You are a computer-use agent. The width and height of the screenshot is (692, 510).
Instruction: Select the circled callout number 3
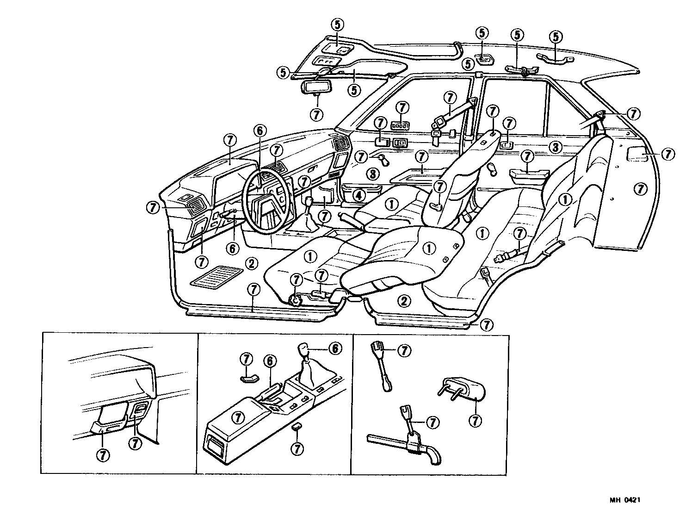(556, 148)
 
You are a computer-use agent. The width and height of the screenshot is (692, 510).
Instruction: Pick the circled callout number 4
(358, 195)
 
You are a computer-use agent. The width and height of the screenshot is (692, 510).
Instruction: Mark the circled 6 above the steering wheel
(259, 131)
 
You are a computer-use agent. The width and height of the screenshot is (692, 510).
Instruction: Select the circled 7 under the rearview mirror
(316, 114)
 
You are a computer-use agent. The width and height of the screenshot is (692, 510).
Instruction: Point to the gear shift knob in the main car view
(307, 201)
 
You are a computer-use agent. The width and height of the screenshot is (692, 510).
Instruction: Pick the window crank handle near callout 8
(383, 160)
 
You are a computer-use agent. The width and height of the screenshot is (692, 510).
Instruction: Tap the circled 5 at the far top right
(556, 37)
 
